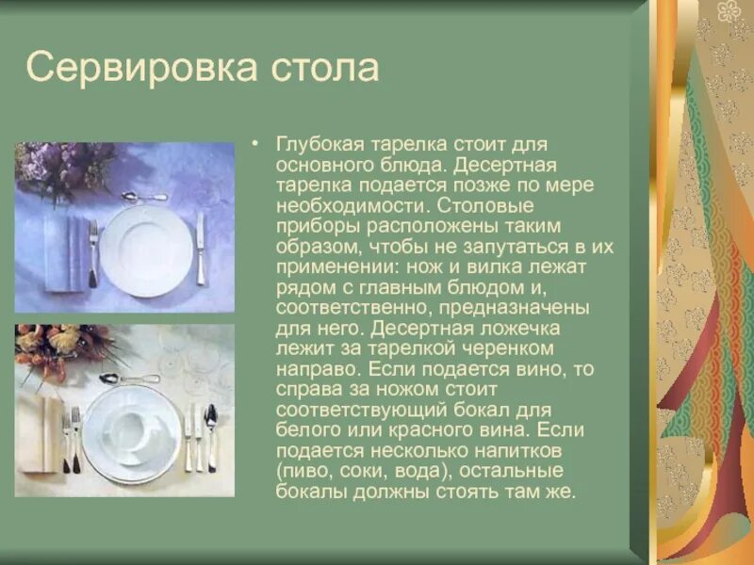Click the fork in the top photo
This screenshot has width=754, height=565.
(92, 252)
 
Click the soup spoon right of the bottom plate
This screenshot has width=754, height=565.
(210, 435)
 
